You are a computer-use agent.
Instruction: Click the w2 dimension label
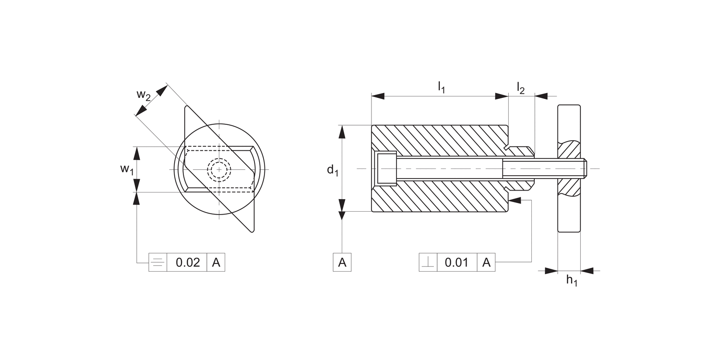143,95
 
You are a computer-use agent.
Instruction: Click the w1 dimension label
126,169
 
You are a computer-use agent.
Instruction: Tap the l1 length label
441,87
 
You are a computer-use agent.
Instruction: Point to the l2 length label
520,87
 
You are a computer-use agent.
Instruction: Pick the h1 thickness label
571,280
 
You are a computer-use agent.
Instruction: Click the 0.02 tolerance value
187,263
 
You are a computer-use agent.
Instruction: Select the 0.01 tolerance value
456,263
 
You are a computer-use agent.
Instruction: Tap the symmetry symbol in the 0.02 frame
158,263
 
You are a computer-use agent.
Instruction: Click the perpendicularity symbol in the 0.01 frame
428,263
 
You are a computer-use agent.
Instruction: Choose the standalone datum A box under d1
342,263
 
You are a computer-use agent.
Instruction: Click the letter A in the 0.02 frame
216,263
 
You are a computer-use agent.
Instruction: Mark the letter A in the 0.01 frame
486,263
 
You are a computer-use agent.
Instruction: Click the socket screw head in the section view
386,168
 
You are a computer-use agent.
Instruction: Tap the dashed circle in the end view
219,169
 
